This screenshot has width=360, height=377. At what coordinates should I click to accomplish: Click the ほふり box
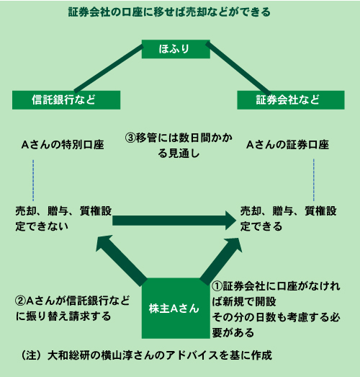click(176, 49)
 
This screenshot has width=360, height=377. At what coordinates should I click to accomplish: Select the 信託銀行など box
click(66, 100)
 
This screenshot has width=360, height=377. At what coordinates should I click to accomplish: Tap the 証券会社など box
click(291, 100)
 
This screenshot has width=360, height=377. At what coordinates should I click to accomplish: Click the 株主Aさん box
click(176, 309)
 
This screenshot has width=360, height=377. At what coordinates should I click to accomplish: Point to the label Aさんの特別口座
click(63, 145)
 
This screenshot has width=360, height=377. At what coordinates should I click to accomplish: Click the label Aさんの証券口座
click(287, 145)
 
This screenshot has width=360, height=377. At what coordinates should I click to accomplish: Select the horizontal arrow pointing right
click(174, 221)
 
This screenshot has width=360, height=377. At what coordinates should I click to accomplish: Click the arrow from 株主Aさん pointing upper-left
click(121, 261)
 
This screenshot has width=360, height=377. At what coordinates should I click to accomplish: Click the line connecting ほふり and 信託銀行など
click(109, 68)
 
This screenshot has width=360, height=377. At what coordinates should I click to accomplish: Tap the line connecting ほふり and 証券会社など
click(238, 68)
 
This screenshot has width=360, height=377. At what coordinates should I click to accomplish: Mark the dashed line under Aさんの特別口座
click(33, 180)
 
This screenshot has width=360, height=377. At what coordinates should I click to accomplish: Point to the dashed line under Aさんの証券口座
click(314, 179)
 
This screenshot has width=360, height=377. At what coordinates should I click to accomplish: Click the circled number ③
click(130, 138)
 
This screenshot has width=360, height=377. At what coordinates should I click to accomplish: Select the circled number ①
click(217, 286)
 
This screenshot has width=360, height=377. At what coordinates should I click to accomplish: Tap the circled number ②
click(20, 301)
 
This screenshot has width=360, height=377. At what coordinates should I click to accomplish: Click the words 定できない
click(42, 226)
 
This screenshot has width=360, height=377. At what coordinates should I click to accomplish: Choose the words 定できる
click(261, 226)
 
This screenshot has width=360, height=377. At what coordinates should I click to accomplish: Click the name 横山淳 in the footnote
click(117, 355)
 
